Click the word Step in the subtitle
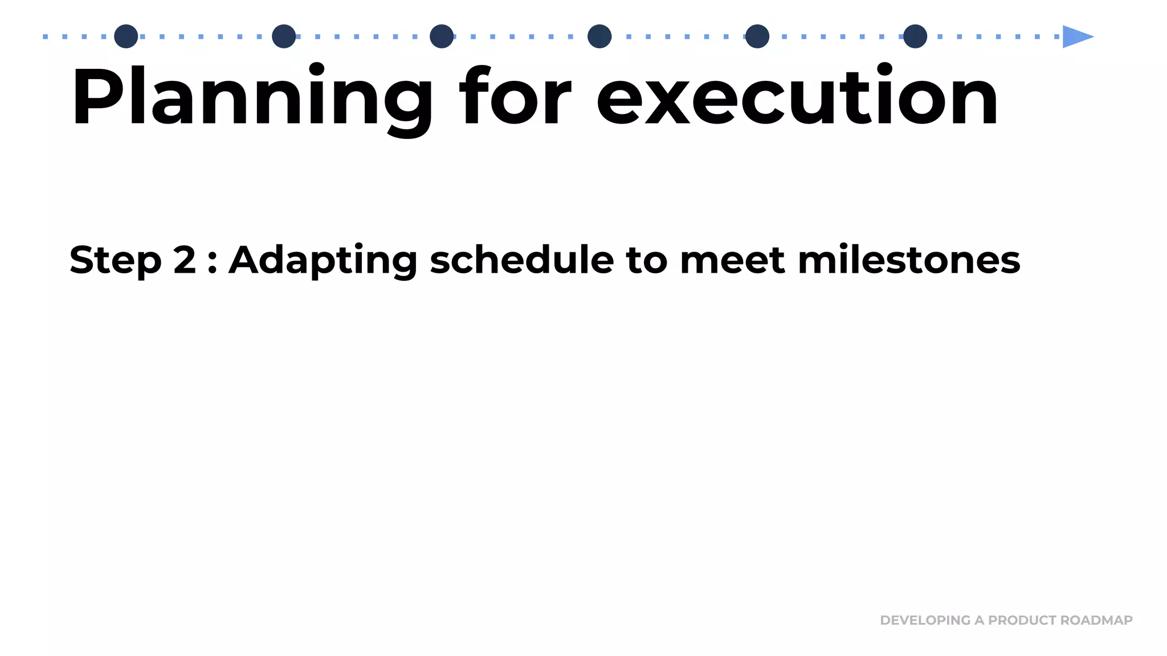pos(115,261)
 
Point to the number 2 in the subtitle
pos(185,260)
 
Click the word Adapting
pos(323,261)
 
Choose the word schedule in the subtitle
pos(521,260)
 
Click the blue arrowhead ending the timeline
pos(1076,36)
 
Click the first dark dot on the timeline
pos(126,36)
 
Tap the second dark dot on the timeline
pos(284,36)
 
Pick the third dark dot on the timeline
pos(442,36)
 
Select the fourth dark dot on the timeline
pos(599,36)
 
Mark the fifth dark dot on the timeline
pos(757,36)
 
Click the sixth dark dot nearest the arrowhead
pos(915,36)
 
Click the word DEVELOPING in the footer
pos(925,620)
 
